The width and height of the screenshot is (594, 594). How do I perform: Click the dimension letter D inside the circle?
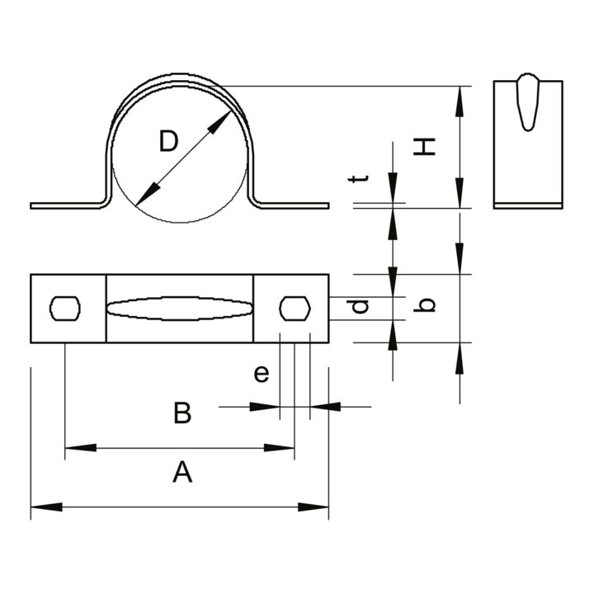pyautogui.click(x=168, y=141)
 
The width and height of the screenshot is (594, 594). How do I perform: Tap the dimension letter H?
pyautogui.click(x=424, y=147)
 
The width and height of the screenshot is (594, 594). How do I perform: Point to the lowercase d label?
pyautogui.click(x=358, y=306)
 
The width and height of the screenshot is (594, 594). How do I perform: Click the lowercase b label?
pyautogui.click(x=424, y=305)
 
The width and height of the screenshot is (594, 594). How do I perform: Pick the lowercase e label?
pyautogui.click(x=262, y=374)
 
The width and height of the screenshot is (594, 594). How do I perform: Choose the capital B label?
pyautogui.click(x=182, y=413)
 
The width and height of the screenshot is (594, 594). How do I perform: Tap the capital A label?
pyautogui.click(x=182, y=472)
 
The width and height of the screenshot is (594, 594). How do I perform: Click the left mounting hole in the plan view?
pyautogui.click(x=65, y=309)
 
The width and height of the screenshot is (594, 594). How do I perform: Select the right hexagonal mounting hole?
pyautogui.click(x=295, y=309)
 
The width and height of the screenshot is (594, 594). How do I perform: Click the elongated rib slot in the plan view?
pyautogui.click(x=180, y=309)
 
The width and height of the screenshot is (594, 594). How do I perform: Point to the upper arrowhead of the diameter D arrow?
pyautogui.click(x=219, y=121)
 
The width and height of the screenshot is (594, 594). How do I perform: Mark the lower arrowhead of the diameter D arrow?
pyautogui.click(x=148, y=194)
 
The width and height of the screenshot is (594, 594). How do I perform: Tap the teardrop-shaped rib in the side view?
pyautogui.click(x=528, y=102)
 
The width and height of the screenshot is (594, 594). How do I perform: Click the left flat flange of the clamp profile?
pyautogui.click(x=65, y=205)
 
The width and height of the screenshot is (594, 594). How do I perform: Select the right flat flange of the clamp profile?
pyautogui.click(x=294, y=205)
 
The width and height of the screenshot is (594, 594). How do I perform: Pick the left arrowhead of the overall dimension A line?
pyautogui.click(x=46, y=507)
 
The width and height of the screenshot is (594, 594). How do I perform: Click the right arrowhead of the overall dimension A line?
pyautogui.click(x=313, y=507)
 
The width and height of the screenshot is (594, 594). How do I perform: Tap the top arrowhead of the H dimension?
pyautogui.click(x=460, y=101)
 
